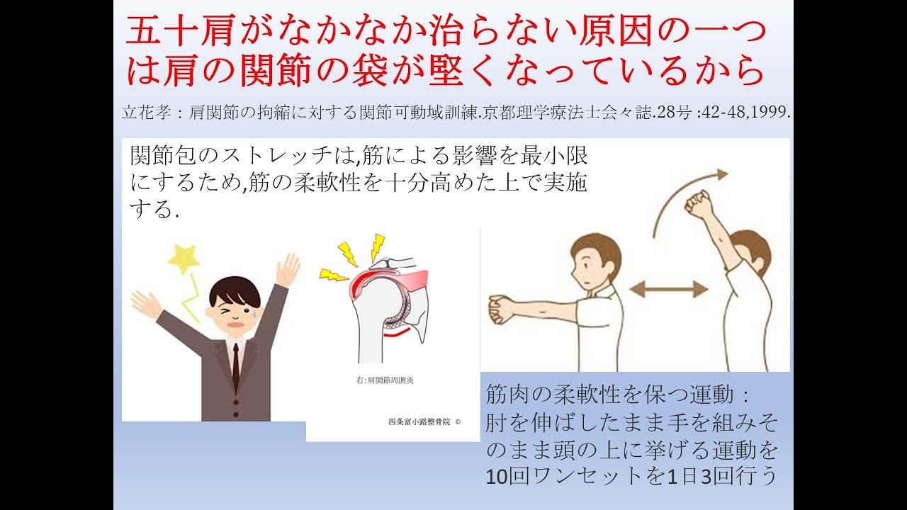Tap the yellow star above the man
click(x=184, y=260)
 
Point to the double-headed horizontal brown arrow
click(x=668, y=289)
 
